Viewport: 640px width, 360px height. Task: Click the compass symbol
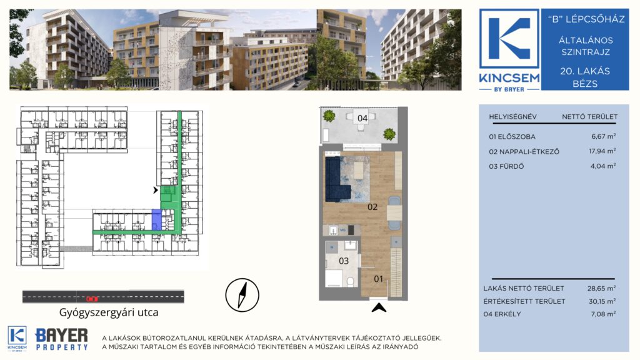coord(242,295)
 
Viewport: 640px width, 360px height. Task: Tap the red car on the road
coord(92,299)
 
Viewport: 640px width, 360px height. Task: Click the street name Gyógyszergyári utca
coord(109,312)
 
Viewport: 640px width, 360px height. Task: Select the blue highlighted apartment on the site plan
coord(156,219)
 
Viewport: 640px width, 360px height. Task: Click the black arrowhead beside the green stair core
coord(156,190)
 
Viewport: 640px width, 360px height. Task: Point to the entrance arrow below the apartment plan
coord(379,307)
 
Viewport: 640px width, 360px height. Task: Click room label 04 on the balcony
coord(362,118)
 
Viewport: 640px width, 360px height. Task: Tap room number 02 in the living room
coord(372,207)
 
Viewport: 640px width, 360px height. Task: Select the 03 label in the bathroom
coord(344,261)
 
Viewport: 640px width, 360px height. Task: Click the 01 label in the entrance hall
coord(378,279)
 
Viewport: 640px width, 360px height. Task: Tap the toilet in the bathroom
coord(350,281)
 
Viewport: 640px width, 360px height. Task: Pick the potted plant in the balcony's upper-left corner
coord(329,116)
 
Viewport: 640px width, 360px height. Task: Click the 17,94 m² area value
coord(602,151)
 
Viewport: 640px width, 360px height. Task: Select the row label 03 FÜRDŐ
coord(506,166)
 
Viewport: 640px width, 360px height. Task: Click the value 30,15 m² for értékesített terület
coord(601,301)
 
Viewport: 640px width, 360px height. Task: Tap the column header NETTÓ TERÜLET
coord(589,117)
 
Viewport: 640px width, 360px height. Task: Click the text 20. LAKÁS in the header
coord(585,71)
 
